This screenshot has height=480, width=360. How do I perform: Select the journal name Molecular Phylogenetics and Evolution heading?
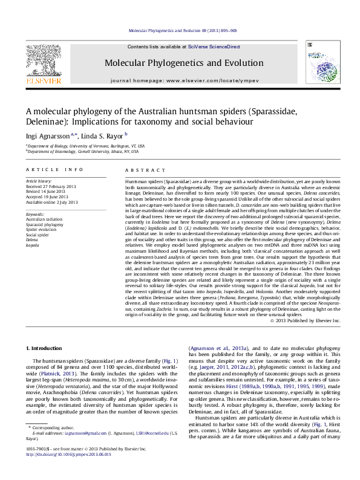[x=178, y=62]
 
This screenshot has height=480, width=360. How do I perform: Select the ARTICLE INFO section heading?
[x=54, y=170]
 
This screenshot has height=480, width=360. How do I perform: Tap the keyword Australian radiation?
[x=43, y=219]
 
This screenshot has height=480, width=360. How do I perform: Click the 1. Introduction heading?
[x=45, y=348]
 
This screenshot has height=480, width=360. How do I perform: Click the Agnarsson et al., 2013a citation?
[x=214, y=348]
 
